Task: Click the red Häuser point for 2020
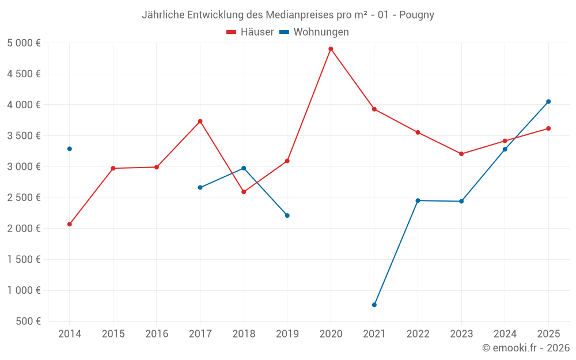[x=331, y=49]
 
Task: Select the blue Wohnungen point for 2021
[x=374, y=305]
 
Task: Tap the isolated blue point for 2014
[x=70, y=149]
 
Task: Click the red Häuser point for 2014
[x=70, y=224]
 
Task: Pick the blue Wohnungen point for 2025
[x=548, y=101]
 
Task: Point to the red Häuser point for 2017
[x=200, y=122]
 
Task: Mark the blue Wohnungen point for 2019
[x=287, y=215]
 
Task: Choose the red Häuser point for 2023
[x=461, y=154]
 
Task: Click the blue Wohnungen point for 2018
[x=244, y=168]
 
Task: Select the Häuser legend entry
[x=250, y=32]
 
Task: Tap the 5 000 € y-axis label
[x=24, y=43]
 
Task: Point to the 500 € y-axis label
[x=28, y=321]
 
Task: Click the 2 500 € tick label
[x=24, y=198]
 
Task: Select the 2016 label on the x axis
[x=157, y=334]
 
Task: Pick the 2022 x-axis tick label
[x=418, y=334]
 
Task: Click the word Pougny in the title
[x=416, y=15]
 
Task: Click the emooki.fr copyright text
[x=525, y=348]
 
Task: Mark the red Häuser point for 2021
[x=374, y=109]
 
